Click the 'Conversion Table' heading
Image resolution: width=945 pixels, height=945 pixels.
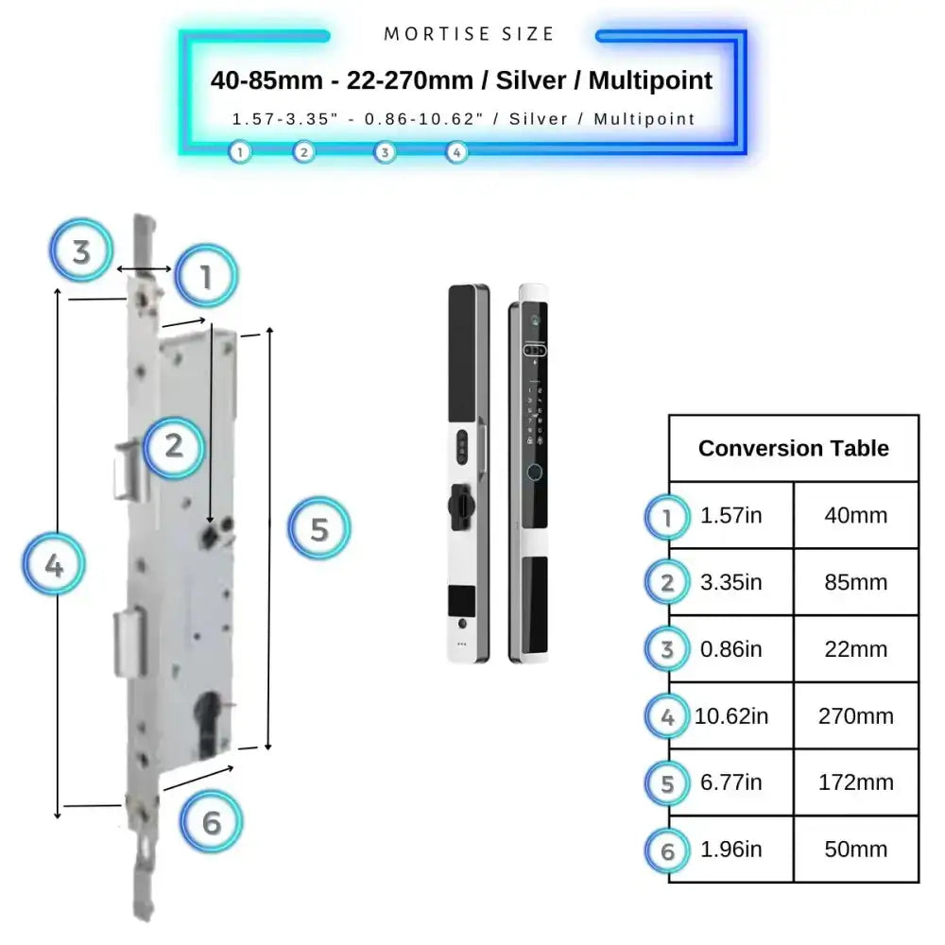coord(793,448)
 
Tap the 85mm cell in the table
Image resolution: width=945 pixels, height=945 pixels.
coord(855,582)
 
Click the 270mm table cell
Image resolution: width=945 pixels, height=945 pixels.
coord(855,716)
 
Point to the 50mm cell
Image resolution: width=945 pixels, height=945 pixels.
coord(855,849)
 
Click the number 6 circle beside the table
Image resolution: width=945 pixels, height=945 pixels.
coord(668,850)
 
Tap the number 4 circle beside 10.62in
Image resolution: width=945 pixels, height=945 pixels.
coord(668,717)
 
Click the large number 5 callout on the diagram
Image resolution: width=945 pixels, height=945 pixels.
coord(319,529)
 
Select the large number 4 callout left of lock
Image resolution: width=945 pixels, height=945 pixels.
coord(55,566)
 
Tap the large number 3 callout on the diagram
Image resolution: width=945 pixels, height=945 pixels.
coord(81,252)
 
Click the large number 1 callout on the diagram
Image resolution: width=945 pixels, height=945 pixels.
coord(206,276)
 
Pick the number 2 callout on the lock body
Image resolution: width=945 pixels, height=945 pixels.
coord(174,445)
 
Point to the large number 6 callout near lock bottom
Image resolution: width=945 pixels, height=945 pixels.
coord(212,822)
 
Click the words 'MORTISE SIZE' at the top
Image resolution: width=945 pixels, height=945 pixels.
coord(469,34)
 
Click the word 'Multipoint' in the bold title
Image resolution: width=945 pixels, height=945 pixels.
coord(650,80)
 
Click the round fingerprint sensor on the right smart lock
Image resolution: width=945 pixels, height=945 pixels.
coord(536,474)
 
